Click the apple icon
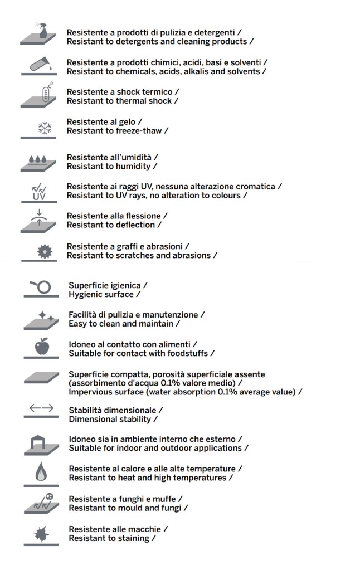(42, 347)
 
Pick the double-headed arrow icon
(42, 408)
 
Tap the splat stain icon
(42, 534)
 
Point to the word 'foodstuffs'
(187, 353)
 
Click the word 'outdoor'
(166, 448)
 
